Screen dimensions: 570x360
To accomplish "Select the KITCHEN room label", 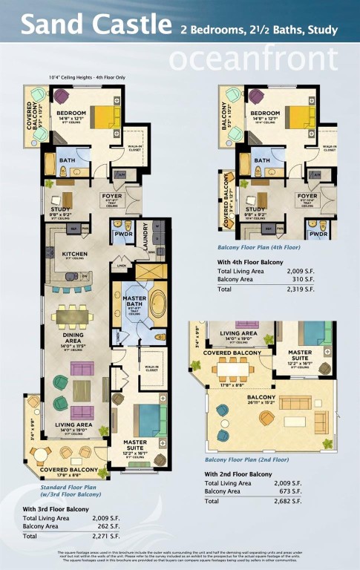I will (74, 254).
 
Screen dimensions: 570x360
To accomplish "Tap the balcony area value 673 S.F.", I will (307, 491).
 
